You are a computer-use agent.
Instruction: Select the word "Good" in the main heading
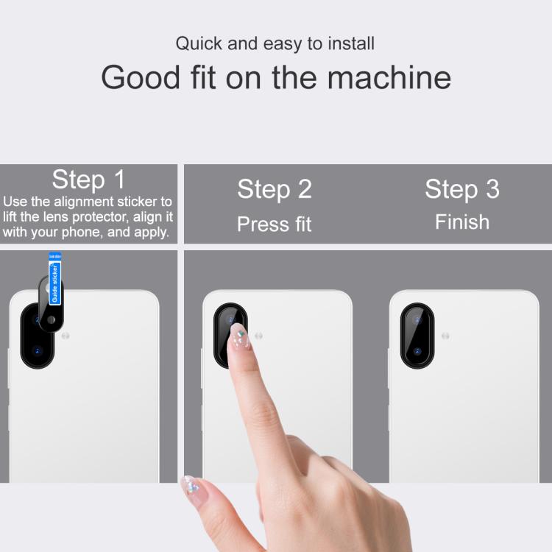pos(141,77)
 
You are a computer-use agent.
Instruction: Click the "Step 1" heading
pos(89,179)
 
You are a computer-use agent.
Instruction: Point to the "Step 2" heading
pos(275,189)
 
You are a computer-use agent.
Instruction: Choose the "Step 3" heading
pos(462,189)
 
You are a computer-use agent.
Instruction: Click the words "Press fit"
pos(275,224)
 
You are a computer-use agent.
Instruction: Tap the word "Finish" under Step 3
pos(462,222)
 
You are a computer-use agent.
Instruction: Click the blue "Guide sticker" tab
pos(55,279)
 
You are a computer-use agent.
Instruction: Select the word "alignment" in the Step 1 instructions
pos(84,202)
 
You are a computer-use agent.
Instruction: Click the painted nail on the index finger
pos(240,336)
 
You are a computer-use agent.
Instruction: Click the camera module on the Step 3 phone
pos(417,336)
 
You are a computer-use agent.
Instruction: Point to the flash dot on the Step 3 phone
pos(445,336)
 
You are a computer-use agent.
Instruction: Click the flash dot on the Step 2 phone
pos(259,336)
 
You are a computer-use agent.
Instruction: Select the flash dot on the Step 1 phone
pos(66,336)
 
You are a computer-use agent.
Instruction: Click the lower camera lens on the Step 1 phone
pos(38,351)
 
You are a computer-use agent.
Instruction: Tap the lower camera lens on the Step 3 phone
pos(417,351)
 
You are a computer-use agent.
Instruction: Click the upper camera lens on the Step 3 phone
pos(417,320)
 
